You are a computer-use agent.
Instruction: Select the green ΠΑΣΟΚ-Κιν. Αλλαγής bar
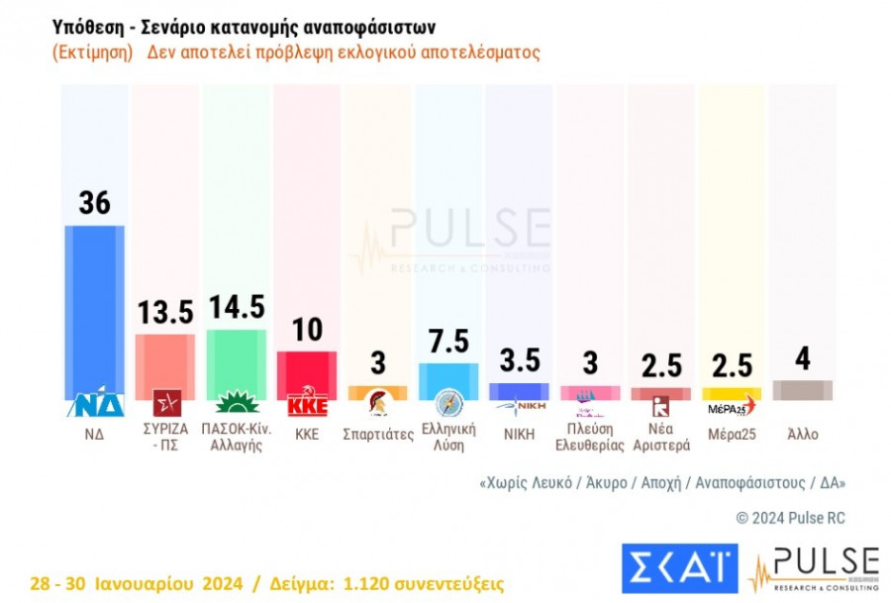tap(236, 359)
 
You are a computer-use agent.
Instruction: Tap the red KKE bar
tap(306, 371)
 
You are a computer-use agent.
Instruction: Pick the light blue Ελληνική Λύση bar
tap(448, 378)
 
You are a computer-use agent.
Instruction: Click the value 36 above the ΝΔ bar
tap(94, 203)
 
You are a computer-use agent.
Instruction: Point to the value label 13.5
tap(164, 313)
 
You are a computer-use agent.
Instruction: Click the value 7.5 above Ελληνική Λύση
tap(448, 342)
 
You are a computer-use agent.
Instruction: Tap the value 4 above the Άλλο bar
tap(802, 358)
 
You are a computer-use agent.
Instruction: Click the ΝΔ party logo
tap(94, 405)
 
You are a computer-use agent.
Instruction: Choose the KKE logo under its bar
tap(306, 406)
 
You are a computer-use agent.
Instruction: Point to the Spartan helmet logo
tap(377, 404)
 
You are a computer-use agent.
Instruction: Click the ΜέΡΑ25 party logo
tap(731, 406)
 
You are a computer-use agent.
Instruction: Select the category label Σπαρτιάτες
tap(377, 435)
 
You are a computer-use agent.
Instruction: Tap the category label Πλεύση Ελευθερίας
tap(590, 437)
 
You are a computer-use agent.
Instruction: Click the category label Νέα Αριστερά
tap(660, 437)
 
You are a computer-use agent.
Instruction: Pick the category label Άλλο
tap(802, 434)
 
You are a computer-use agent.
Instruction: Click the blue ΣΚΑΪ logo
tap(678, 567)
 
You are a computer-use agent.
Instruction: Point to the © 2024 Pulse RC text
tap(790, 518)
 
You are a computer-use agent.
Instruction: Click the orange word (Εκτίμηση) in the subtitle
tap(92, 52)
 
